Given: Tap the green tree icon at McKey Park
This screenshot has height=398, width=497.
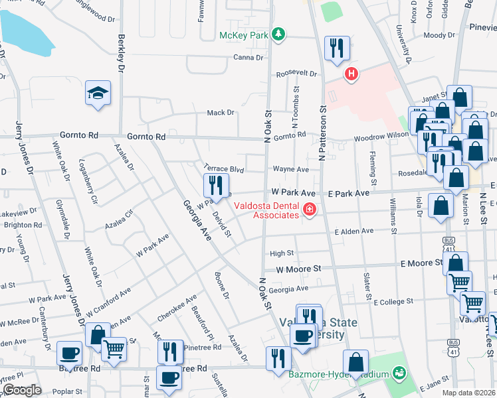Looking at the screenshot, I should pyautogui.click(x=280, y=34).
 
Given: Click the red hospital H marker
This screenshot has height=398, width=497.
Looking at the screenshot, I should pyautogui.click(x=351, y=75).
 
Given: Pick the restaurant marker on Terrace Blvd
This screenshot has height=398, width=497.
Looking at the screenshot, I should pyautogui.click(x=215, y=184).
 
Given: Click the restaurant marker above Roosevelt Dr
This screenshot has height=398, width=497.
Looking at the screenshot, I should pyautogui.click(x=336, y=48).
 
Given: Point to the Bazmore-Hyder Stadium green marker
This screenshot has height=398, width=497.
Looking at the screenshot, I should pyautogui.click(x=399, y=374).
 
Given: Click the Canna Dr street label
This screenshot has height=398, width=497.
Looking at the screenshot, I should pyautogui.click(x=248, y=57).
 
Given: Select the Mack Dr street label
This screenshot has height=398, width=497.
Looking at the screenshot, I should pyautogui.click(x=221, y=113).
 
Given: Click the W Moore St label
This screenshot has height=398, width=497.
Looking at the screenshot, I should pyautogui.click(x=298, y=269).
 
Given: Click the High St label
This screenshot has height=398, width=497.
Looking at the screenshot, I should pyautogui.click(x=282, y=253).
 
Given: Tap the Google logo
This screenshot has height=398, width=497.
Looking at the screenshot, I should pyautogui.click(x=22, y=390).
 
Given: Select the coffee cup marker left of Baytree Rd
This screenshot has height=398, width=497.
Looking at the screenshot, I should pyautogui.click(x=69, y=354).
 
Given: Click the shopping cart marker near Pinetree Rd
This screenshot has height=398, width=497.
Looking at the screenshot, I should pyautogui.click(x=114, y=348).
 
